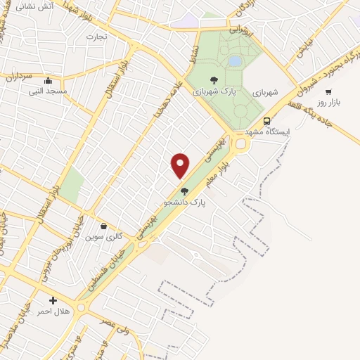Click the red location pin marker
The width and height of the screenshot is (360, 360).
coord(181,165)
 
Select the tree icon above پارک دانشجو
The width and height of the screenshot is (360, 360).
coord(185,191)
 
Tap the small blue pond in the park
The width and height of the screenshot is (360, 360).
coord(234,62)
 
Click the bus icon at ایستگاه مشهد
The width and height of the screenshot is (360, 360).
coord(268,120)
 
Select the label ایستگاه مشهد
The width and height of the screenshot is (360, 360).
coord(268,132)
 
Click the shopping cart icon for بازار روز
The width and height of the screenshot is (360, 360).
coord(328,91)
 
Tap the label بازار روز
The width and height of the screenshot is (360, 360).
coord(328,102)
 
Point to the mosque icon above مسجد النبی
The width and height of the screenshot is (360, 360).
coord(48,80)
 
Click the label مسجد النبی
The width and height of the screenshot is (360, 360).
coord(48,91)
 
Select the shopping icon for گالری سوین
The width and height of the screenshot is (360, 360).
coord(104,226)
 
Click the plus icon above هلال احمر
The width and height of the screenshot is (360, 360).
coord(53,300)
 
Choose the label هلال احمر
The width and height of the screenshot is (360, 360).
coord(53,311)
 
